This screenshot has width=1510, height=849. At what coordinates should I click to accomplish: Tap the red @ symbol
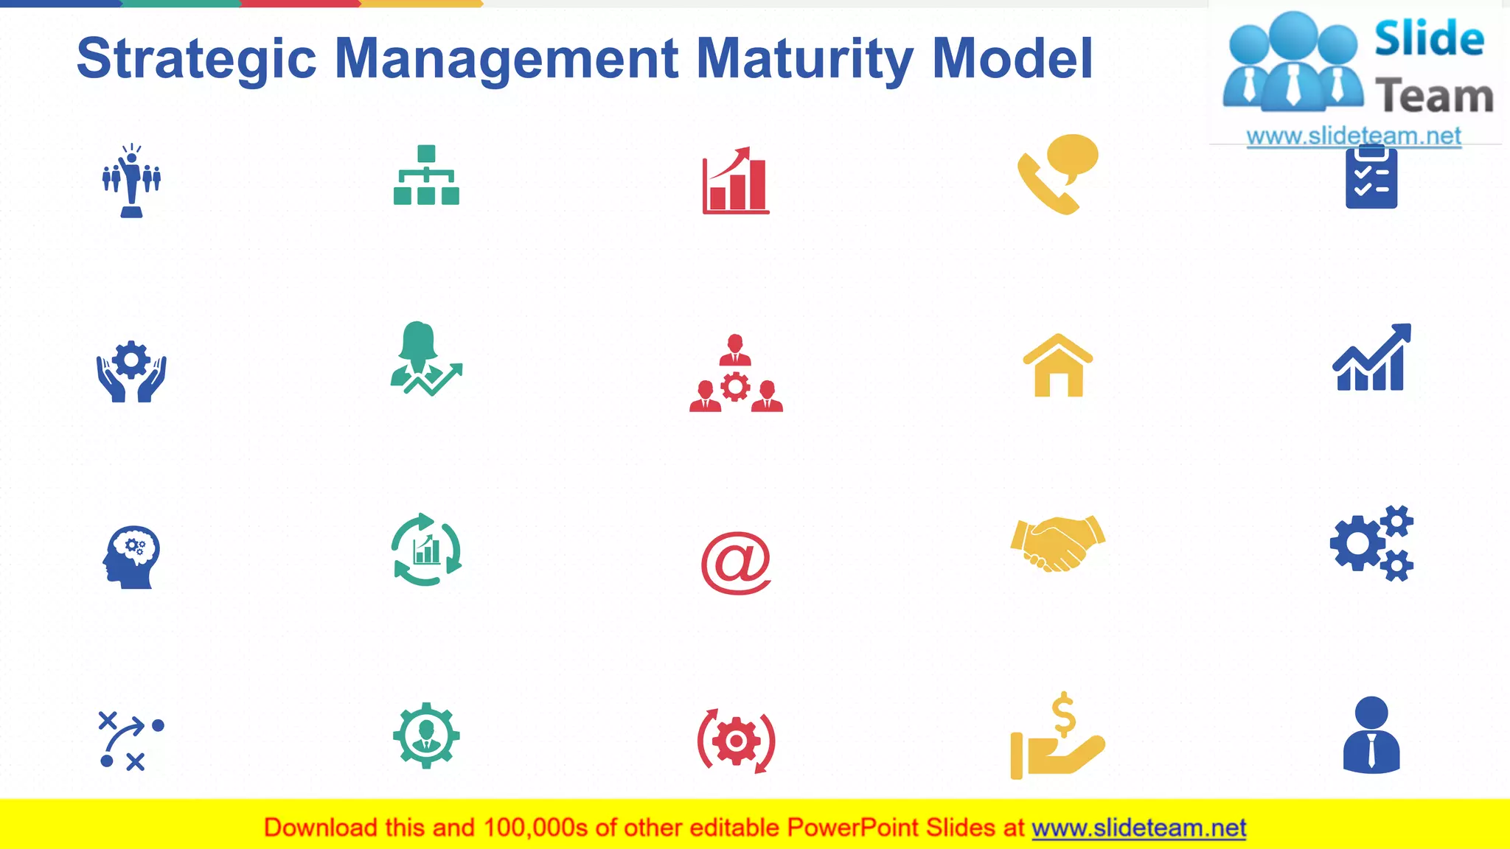point(736,563)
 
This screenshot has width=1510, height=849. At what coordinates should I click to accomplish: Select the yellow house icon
point(1057,366)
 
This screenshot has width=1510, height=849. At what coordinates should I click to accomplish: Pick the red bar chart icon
point(736,181)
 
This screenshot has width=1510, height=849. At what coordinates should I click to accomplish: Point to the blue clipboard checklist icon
point(1371,178)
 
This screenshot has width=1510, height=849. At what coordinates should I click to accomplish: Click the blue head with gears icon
point(131,557)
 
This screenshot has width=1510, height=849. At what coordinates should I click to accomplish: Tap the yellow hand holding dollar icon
point(1057,737)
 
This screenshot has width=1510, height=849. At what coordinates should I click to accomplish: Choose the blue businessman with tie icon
point(1371,736)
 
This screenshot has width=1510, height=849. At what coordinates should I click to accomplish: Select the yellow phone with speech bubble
point(1057,174)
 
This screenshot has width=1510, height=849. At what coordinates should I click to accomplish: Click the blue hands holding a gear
point(131,371)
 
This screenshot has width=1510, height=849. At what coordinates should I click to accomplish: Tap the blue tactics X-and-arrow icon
point(131,741)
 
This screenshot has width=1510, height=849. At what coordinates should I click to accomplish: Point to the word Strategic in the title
point(196,59)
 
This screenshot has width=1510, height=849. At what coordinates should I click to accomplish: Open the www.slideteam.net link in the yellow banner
point(1138,828)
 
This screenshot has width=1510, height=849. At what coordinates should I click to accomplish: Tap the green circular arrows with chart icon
point(426,550)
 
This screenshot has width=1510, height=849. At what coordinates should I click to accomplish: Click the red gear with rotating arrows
point(736,741)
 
